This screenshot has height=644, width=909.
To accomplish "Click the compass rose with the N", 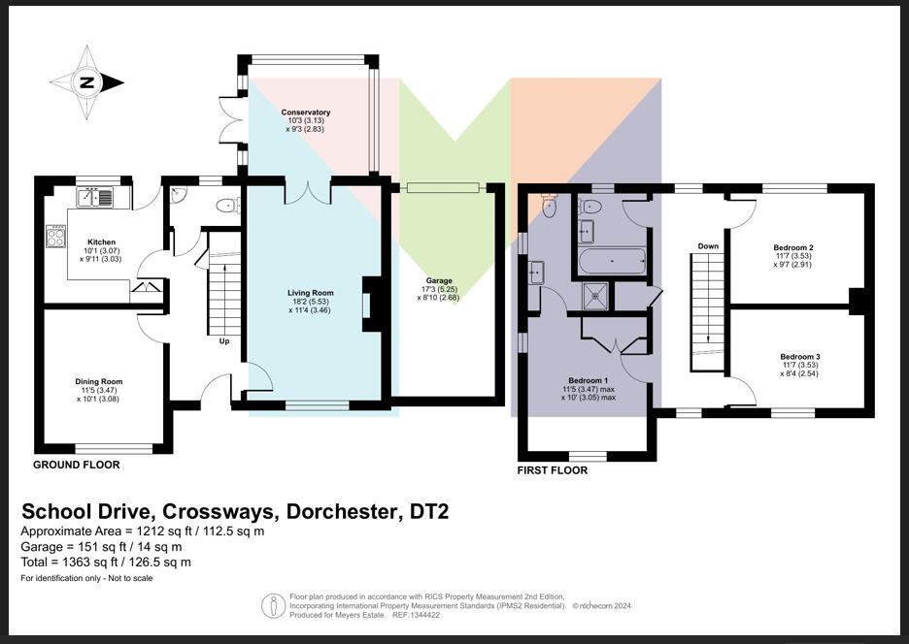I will pos(86,82).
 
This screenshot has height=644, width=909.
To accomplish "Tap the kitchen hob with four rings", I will pos(55,235).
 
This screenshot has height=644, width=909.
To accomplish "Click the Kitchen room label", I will pos(101,242).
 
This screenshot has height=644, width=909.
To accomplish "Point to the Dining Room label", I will pos(99,381).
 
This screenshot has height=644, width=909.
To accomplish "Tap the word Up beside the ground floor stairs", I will pos(223,341).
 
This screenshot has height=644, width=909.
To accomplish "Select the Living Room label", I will pos(310,292).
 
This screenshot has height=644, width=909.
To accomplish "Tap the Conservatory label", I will pos(306,113).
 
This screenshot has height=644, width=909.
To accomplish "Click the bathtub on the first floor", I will pos(611,261).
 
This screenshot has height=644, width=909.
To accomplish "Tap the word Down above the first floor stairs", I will pos(708,246).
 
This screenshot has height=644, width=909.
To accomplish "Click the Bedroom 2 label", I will pos(793,247).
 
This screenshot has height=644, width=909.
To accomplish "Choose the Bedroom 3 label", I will pos(793,356).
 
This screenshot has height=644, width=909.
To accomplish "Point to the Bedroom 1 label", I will pos(588,380).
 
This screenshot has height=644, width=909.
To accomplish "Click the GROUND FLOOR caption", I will pos(77,465).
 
